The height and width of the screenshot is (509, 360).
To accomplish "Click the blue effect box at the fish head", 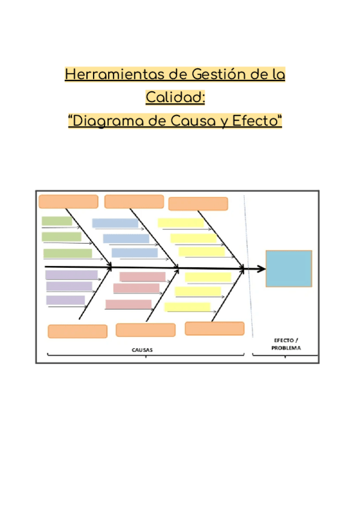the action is click(x=289, y=269).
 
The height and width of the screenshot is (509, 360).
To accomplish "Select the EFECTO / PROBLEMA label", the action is click(x=285, y=343).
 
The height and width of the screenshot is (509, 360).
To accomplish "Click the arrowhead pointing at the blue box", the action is click(x=261, y=268).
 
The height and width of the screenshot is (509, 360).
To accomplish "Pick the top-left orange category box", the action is click(x=68, y=202).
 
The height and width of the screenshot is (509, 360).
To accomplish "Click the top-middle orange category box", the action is click(x=134, y=202).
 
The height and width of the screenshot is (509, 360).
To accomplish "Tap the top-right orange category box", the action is click(x=198, y=204).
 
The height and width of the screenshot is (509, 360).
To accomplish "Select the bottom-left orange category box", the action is click(x=77, y=331).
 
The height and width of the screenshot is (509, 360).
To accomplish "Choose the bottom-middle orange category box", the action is click(x=145, y=330).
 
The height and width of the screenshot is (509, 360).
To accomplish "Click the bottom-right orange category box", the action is click(x=214, y=328).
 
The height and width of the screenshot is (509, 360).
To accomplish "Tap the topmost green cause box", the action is click(x=57, y=221).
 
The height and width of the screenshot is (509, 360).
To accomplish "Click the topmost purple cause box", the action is click(x=71, y=275).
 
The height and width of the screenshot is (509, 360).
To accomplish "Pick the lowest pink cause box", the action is click(x=128, y=304).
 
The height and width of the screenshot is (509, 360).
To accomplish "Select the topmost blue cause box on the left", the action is click(x=115, y=223).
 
